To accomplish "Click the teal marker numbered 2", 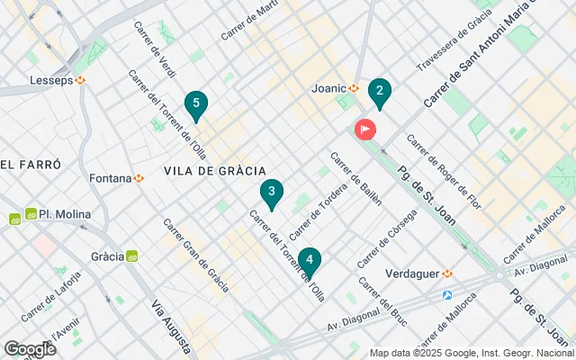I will click(x=379, y=91).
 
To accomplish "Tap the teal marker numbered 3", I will click(x=271, y=192).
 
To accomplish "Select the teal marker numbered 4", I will click(x=309, y=261).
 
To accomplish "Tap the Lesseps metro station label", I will click(x=56, y=79).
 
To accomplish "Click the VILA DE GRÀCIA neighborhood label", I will click(x=214, y=170).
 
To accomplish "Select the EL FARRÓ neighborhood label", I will click(x=31, y=165).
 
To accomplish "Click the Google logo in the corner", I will click(x=30, y=348).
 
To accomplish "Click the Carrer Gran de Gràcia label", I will click(x=195, y=256).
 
